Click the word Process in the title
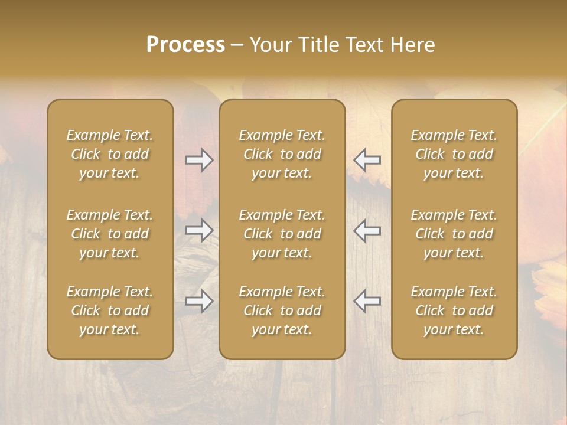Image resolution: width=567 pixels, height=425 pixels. pos(185,45)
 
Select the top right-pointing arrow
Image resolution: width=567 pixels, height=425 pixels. pos(199,159)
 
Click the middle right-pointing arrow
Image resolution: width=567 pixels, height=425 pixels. pos(199,230)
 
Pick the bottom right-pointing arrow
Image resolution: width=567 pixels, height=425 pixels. pos(199,301)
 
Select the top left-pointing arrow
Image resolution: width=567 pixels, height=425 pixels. pos(367,159)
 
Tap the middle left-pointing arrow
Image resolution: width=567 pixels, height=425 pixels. pos(367,230)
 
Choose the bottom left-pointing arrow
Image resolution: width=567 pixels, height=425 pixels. pos(367,301)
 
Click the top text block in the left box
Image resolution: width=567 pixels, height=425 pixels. pos(110,154)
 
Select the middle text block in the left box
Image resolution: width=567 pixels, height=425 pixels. pos(110,234)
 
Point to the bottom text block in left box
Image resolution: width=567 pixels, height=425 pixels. pos(110,310)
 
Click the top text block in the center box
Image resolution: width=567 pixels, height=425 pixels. pos(282,154)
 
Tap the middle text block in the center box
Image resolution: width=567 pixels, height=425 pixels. pos(282,234)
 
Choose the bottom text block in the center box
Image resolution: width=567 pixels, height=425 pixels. pos(282,310)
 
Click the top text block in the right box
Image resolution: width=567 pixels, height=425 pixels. pos(454,154)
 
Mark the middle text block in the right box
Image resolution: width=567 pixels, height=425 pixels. pos(454,234)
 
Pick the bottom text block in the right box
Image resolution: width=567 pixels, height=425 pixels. pos(454,310)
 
